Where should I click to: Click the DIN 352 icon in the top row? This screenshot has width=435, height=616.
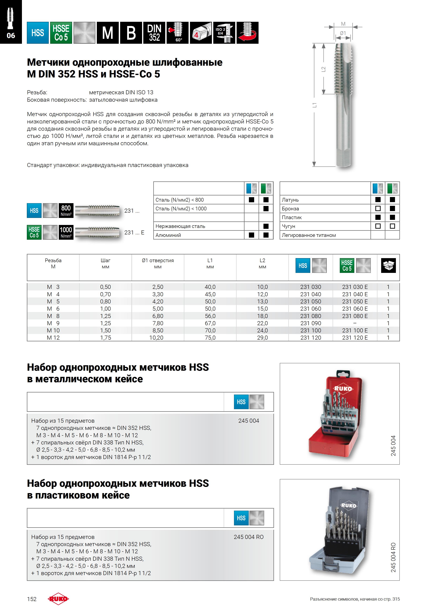coord(154,33)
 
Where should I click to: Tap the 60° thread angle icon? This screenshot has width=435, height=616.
coord(178,33)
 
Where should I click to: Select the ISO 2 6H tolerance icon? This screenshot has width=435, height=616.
coord(224,33)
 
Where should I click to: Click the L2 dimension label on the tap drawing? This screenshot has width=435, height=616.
coord(323,69)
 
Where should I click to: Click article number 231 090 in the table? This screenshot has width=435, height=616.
coord(311,323)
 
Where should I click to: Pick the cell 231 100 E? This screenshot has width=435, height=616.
coord(355,330)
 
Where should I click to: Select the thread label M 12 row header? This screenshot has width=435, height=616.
coord(53,338)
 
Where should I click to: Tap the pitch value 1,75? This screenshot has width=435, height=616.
coord(106,338)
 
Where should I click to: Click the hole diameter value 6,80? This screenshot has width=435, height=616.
coord(158,316)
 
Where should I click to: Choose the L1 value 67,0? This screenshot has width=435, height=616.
coord(210,323)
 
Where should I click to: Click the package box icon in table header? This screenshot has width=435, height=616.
coord(388,266)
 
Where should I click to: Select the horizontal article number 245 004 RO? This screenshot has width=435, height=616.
coord(248,537)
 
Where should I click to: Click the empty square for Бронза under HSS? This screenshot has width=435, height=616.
coord(378,208)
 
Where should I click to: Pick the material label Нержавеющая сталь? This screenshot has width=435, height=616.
coord(180,226)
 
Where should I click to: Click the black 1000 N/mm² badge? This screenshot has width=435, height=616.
coord(66,232)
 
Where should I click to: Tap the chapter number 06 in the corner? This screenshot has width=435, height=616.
coord(11,35)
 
